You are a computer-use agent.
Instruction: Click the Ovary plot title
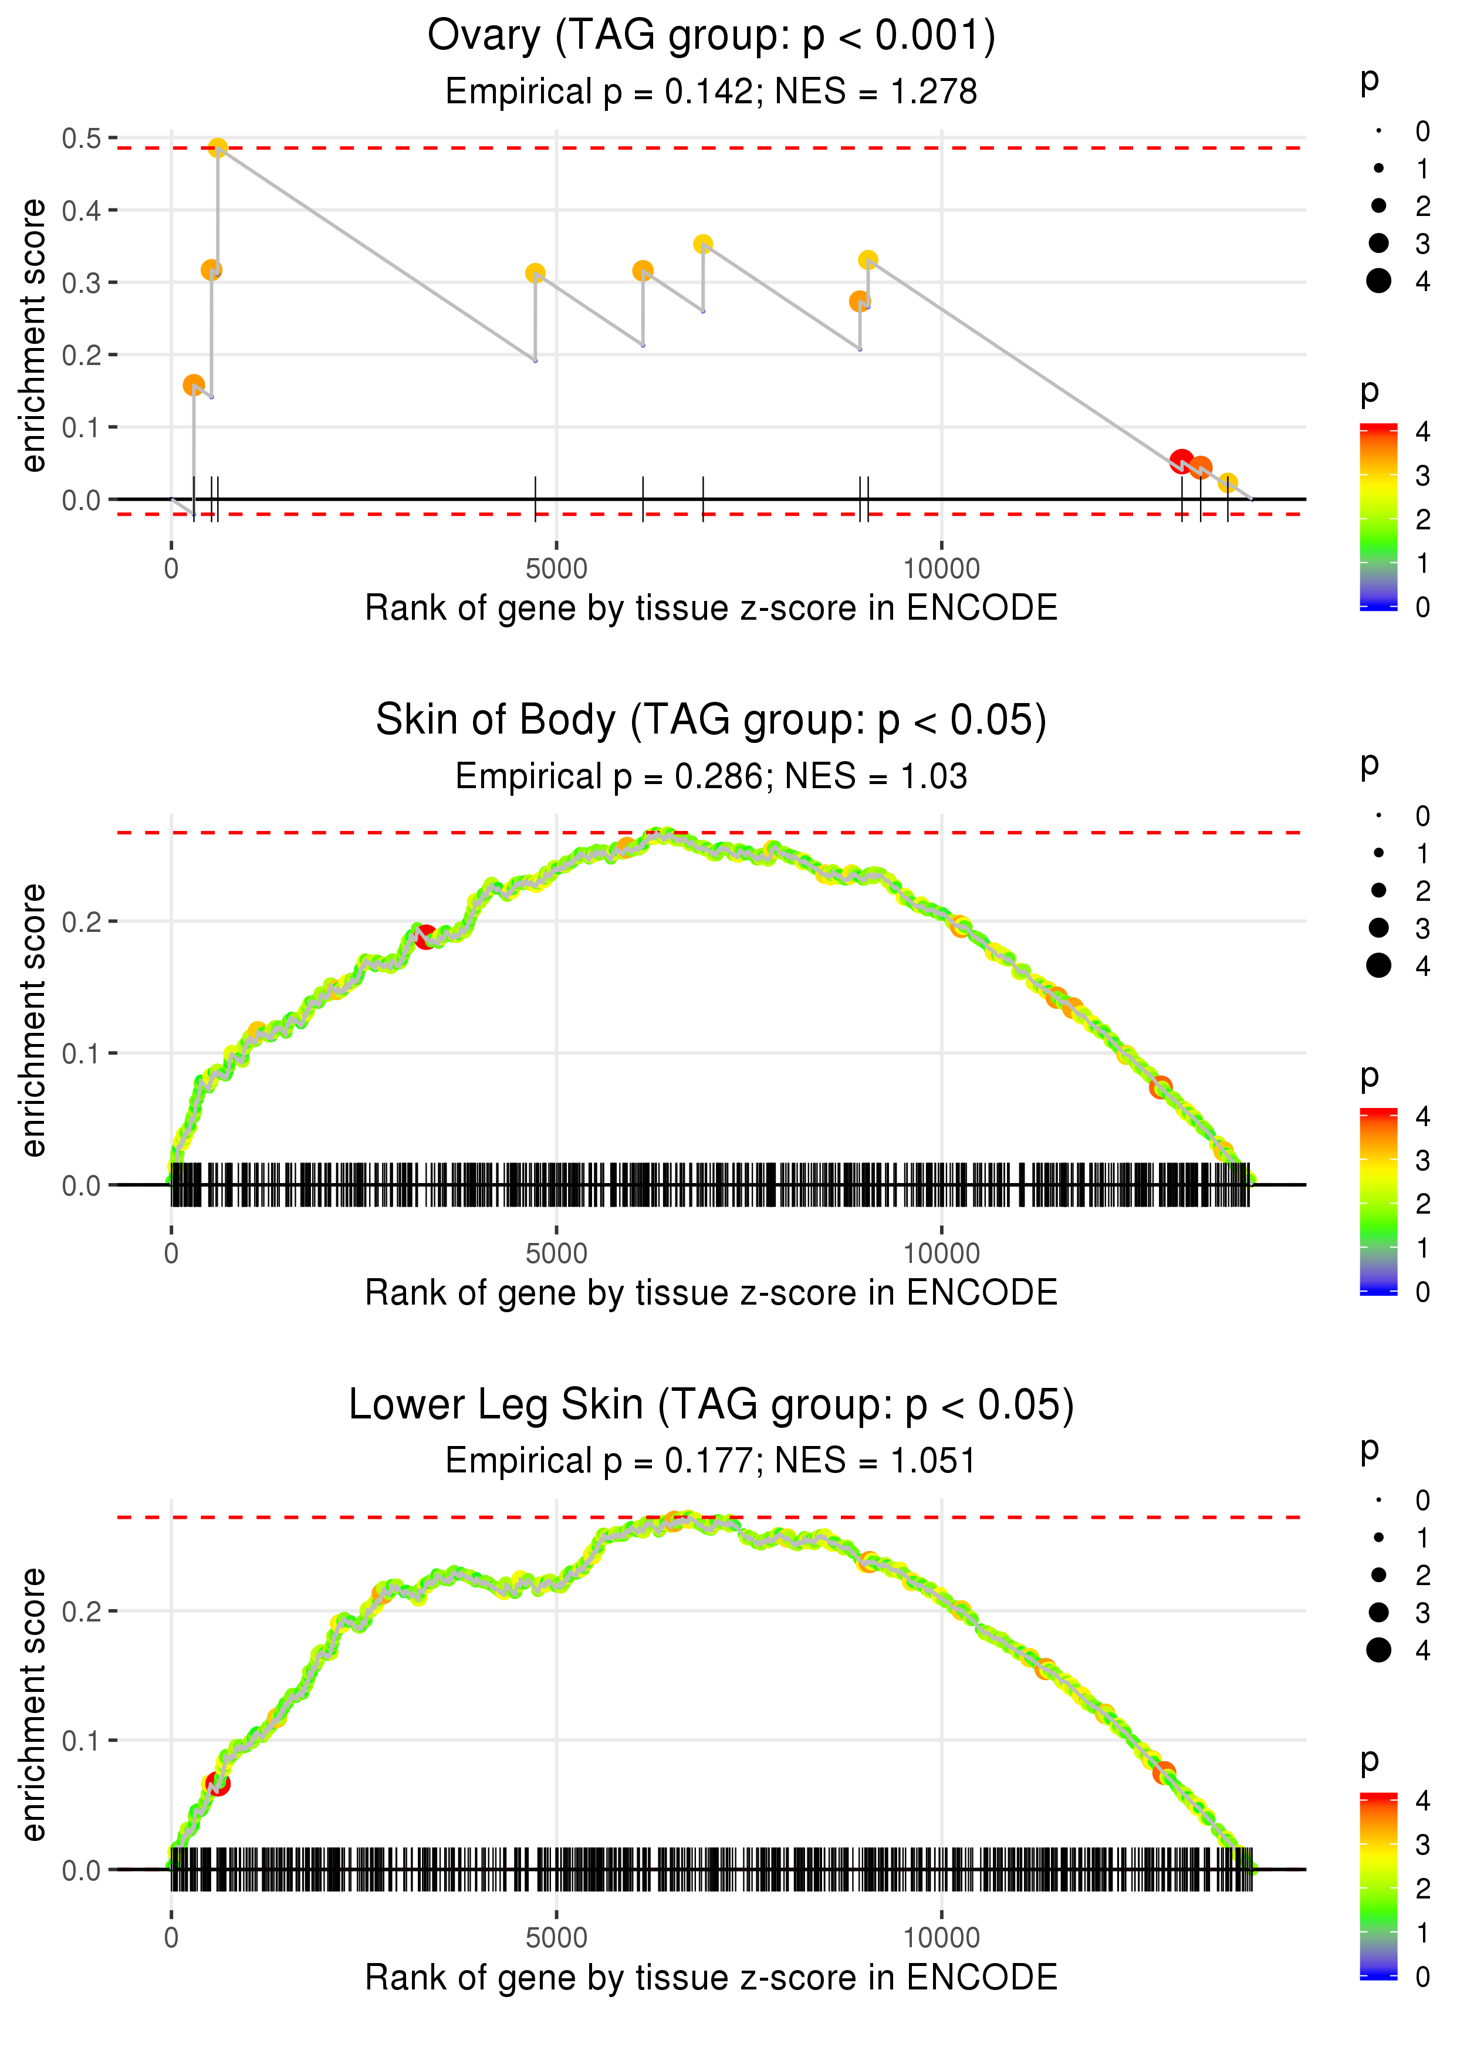click(711, 36)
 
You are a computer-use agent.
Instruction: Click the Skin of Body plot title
click(711, 721)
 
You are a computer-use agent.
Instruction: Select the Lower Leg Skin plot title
click(711, 1406)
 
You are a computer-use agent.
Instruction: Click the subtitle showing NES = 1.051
click(711, 1461)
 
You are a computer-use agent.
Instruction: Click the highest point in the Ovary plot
click(218, 148)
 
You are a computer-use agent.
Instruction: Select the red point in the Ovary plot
click(1181, 461)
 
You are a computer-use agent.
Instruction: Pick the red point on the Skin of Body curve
click(425, 937)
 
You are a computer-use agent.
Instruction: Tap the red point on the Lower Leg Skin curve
click(218, 1784)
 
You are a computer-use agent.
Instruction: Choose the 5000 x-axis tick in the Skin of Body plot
click(556, 1254)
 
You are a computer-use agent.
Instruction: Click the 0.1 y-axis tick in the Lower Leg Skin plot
click(82, 1741)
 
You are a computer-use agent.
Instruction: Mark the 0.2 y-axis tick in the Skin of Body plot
click(82, 922)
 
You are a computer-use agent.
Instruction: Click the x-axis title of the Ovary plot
click(711, 609)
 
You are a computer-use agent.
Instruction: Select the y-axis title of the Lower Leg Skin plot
click(33, 1704)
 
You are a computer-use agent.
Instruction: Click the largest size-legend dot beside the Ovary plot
click(1378, 281)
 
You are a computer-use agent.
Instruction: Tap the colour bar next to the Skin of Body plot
click(1378, 1201)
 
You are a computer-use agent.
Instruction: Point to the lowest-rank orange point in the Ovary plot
click(193, 386)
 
